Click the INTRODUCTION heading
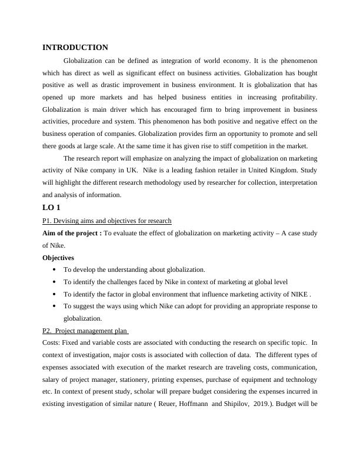(x=75, y=48)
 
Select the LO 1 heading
(x=51, y=208)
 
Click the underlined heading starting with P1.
(x=107, y=221)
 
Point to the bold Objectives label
(x=58, y=258)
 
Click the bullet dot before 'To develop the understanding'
(x=54, y=269)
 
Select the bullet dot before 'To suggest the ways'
(x=54, y=306)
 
